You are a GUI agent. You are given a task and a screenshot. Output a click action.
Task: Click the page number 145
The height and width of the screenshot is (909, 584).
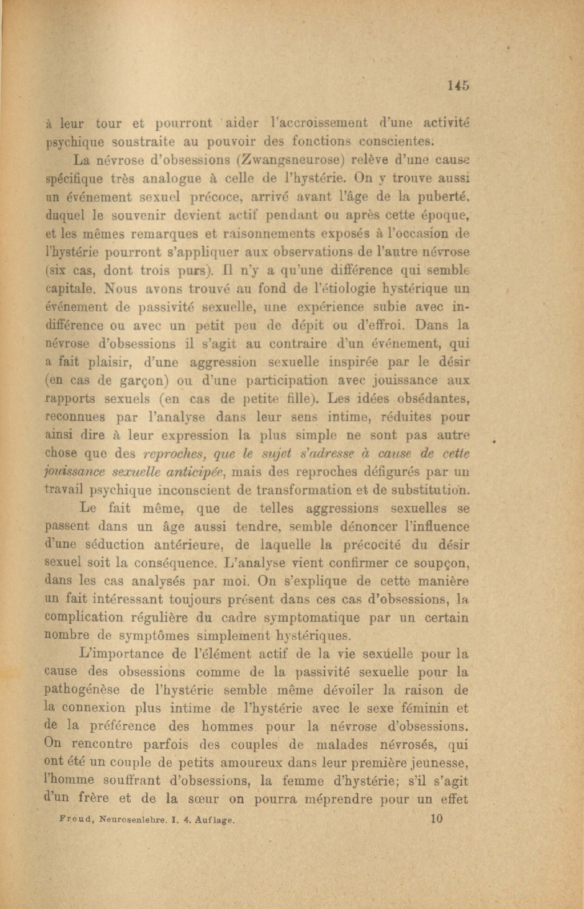(x=458, y=86)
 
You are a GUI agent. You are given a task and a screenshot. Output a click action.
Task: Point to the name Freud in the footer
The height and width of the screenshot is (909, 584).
(x=76, y=820)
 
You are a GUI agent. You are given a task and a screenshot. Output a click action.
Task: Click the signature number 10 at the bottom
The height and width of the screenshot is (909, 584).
(x=436, y=819)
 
